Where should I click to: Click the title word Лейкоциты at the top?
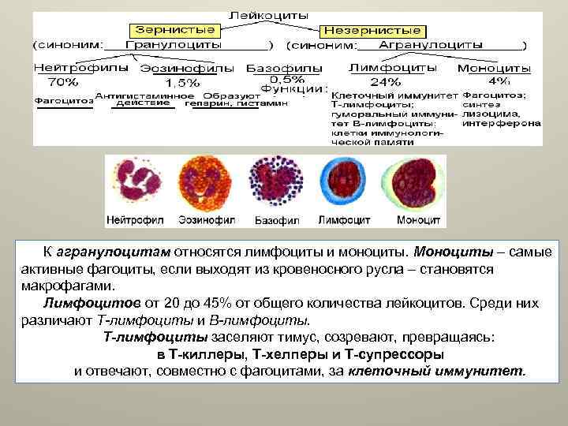(x=269, y=15)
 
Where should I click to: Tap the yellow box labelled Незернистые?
(x=373, y=30)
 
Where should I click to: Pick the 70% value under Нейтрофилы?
(x=62, y=81)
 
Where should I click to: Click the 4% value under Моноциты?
(x=499, y=81)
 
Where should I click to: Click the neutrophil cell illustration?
(x=136, y=185)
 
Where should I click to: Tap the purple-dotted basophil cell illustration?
(x=273, y=185)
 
